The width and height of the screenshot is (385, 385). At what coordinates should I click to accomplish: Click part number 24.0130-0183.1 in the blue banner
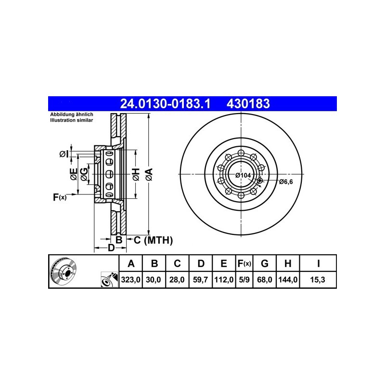[x=165, y=103]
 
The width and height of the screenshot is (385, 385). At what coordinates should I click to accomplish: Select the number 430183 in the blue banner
[x=248, y=103]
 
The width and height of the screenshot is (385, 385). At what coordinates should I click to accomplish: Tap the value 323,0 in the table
[x=130, y=280]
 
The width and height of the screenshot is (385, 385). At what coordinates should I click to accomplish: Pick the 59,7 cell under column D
[x=200, y=280]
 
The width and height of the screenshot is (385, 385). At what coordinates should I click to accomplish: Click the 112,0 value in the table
[x=224, y=280]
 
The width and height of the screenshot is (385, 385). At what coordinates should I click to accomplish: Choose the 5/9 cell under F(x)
[x=244, y=280]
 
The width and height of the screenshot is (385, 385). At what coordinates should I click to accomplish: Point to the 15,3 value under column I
[x=318, y=280]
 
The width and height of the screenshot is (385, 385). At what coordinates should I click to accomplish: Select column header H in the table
[x=288, y=263]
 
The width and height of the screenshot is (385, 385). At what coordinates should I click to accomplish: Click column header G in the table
[x=264, y=263]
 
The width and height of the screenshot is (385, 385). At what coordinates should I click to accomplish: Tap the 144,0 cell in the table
[x=288, y=280]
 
